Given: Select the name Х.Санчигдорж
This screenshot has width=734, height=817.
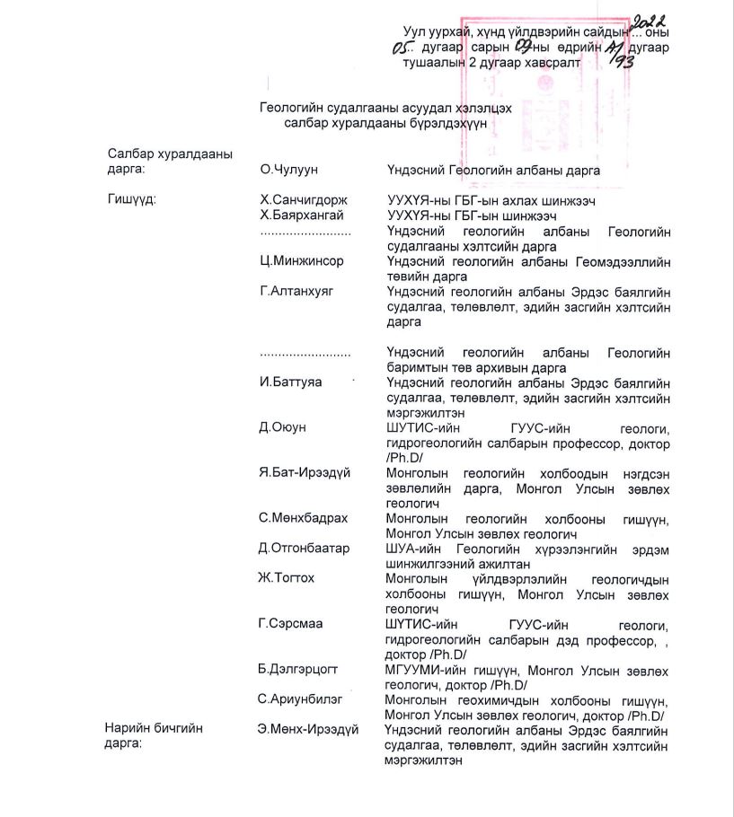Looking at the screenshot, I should pyautogui.click(x=303, y=200).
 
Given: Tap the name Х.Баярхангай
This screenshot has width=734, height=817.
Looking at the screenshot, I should pyautogui.click(x=301, y=215).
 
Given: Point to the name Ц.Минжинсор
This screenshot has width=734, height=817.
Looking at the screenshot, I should pyautogui.click(x=301, y=261).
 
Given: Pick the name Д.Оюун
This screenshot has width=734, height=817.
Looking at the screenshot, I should pyautogui.click(x=282, y=427).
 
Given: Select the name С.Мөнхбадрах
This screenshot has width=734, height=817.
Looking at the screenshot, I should pyautogui.click(x=303, y=518).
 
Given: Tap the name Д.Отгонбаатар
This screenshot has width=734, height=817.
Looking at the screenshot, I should pyautogui.click(x=304, y=548).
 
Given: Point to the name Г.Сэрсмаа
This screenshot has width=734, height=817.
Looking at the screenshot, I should pyautogui.click(x=292, y=623).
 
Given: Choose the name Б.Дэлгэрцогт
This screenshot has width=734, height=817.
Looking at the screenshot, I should pyautogui.click(x=300, y=669).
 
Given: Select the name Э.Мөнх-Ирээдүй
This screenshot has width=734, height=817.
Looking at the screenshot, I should pyautogui.click(x=307, y=729).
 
